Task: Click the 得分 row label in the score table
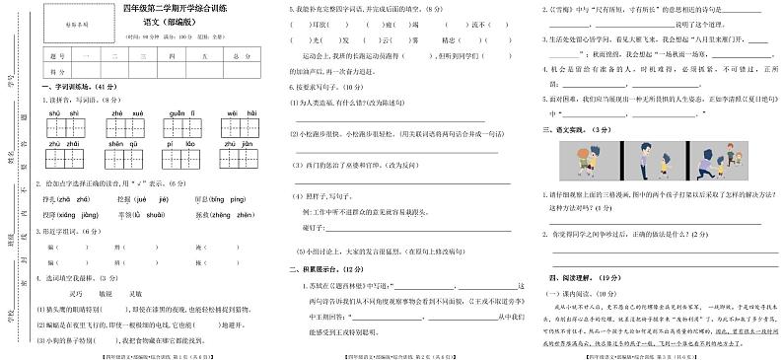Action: [56, 73]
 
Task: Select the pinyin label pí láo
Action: [182, 144]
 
